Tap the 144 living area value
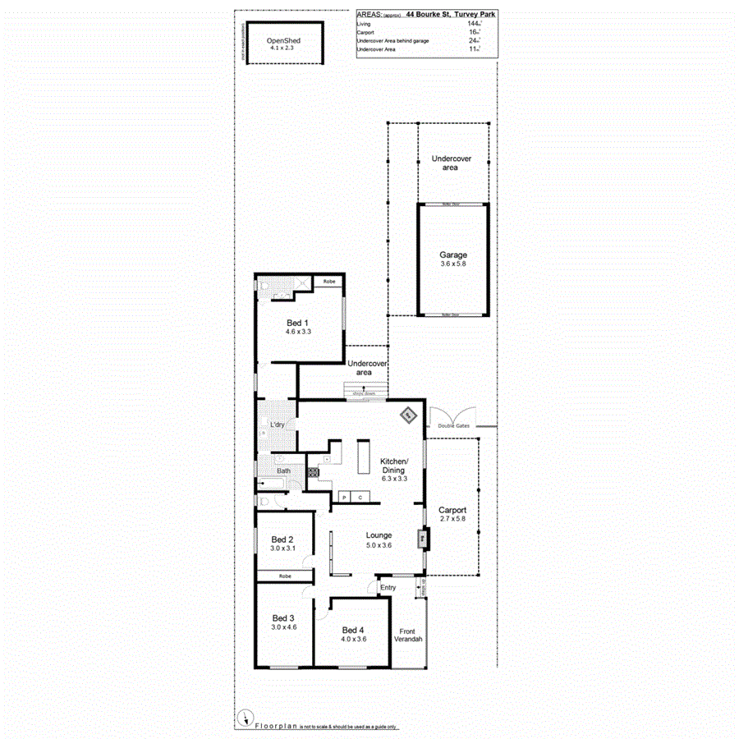(473, 24)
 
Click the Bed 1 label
(297, 322)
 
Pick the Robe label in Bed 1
(328, 282)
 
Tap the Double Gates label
(453, 425)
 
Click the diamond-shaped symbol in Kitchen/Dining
(407, 415)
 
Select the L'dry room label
(277, 425)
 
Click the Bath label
(282, 470)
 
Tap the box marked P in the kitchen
(345, 497)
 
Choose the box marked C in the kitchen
(360, 497)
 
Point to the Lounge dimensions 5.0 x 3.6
(379, 545)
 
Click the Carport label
(452, 510)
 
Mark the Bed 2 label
(282, 538)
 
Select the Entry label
(388, 587)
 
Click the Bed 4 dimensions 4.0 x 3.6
(353, 638)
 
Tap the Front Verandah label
(408, 636)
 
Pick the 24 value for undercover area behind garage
(473, 41)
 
